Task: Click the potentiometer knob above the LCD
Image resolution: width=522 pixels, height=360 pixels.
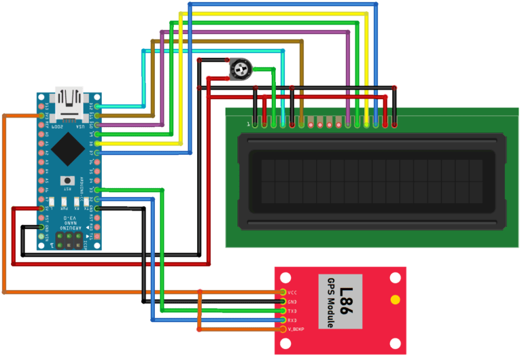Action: (x=239, y=68)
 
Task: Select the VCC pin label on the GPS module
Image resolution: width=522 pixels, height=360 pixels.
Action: (x=293, y=292)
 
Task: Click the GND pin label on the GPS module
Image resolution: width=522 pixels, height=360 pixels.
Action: (x=293, y=302)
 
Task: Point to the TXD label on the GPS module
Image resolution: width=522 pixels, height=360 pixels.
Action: (x=293, y=310)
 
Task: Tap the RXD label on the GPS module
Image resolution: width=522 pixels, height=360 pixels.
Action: (x=293, y=320)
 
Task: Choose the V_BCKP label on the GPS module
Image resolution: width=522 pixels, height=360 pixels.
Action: (x=296, y=329)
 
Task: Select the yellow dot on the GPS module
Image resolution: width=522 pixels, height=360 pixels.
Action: (x=395, y=300)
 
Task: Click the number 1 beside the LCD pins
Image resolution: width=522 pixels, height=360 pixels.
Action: (x=248, y=124)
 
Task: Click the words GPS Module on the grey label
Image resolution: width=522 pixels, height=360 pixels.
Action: (x=331, y=303)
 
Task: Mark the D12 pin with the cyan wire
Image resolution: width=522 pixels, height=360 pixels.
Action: (x=98, y=107)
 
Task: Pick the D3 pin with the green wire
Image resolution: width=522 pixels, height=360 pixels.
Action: (x=98, y=190)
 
